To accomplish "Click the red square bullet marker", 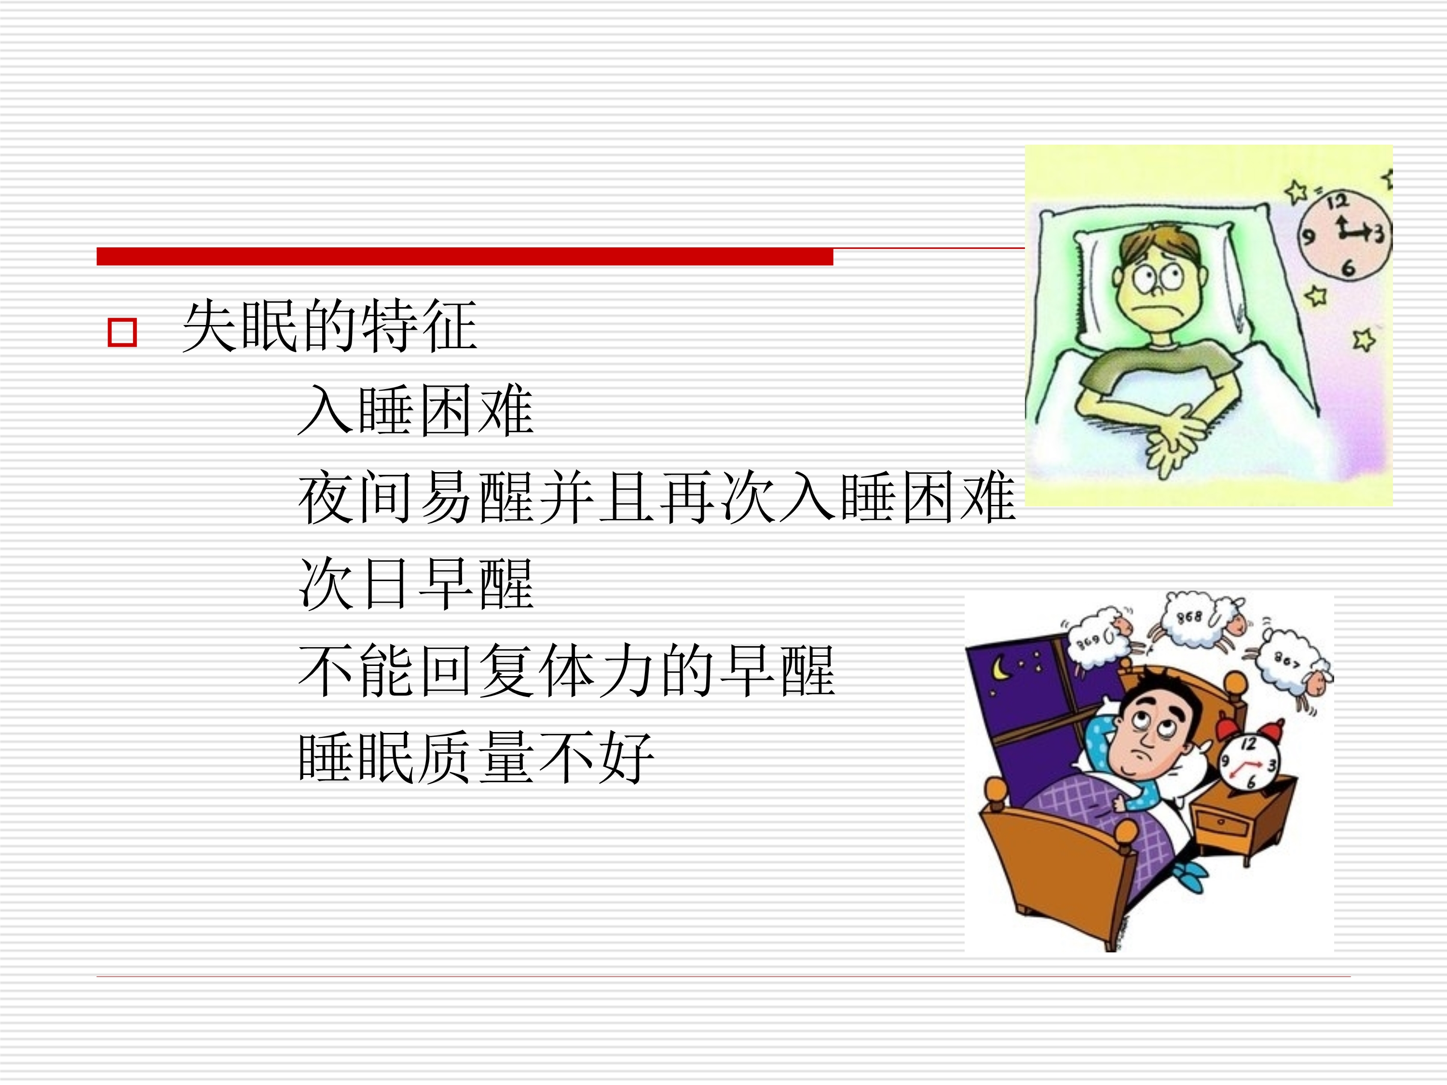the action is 122,332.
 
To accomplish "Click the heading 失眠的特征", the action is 330,325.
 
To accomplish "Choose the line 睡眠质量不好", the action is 476,758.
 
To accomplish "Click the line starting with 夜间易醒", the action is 657,497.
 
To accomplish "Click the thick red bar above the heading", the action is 464,257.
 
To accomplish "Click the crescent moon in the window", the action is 999,668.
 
